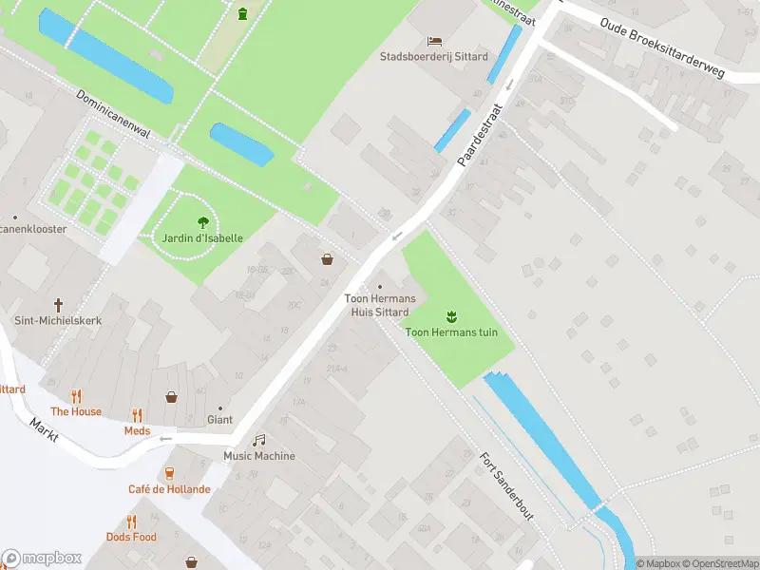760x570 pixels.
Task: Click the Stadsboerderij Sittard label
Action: coord(433,56)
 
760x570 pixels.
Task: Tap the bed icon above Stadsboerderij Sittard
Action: coord(434,41)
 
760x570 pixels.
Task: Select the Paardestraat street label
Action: coord(478,134)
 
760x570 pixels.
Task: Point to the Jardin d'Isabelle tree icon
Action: coord(202,222)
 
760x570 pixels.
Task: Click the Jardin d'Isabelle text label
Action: coord(202,237)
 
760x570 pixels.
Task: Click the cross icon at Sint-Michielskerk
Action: coord(58,305)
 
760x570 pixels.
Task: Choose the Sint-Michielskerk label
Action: coord(58,321)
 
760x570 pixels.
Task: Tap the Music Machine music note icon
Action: coord(258,440)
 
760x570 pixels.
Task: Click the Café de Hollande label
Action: coord(169,489)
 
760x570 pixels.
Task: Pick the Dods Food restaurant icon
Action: coord(131,522)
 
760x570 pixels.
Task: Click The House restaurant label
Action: coord(76,411)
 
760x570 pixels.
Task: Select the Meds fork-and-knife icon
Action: coord(137,415)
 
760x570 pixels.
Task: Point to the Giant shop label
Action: coord(219,419)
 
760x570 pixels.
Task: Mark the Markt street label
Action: coord(44,428)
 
